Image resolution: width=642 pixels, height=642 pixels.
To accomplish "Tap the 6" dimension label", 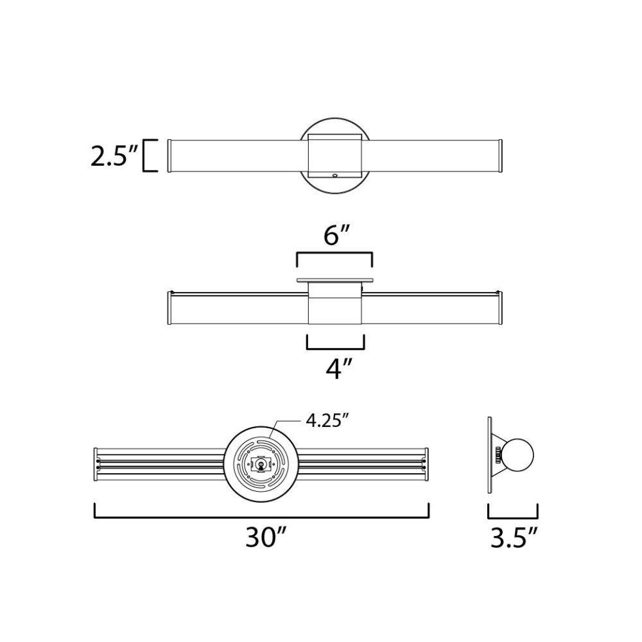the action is point(336,236).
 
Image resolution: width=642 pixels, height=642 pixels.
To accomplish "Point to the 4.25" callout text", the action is point(327,421).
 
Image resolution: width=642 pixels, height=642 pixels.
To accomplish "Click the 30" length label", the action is point(264,537).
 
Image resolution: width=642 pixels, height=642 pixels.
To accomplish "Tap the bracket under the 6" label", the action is point(334,254).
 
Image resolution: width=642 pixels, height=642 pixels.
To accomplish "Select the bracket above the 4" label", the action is point(336,349).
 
